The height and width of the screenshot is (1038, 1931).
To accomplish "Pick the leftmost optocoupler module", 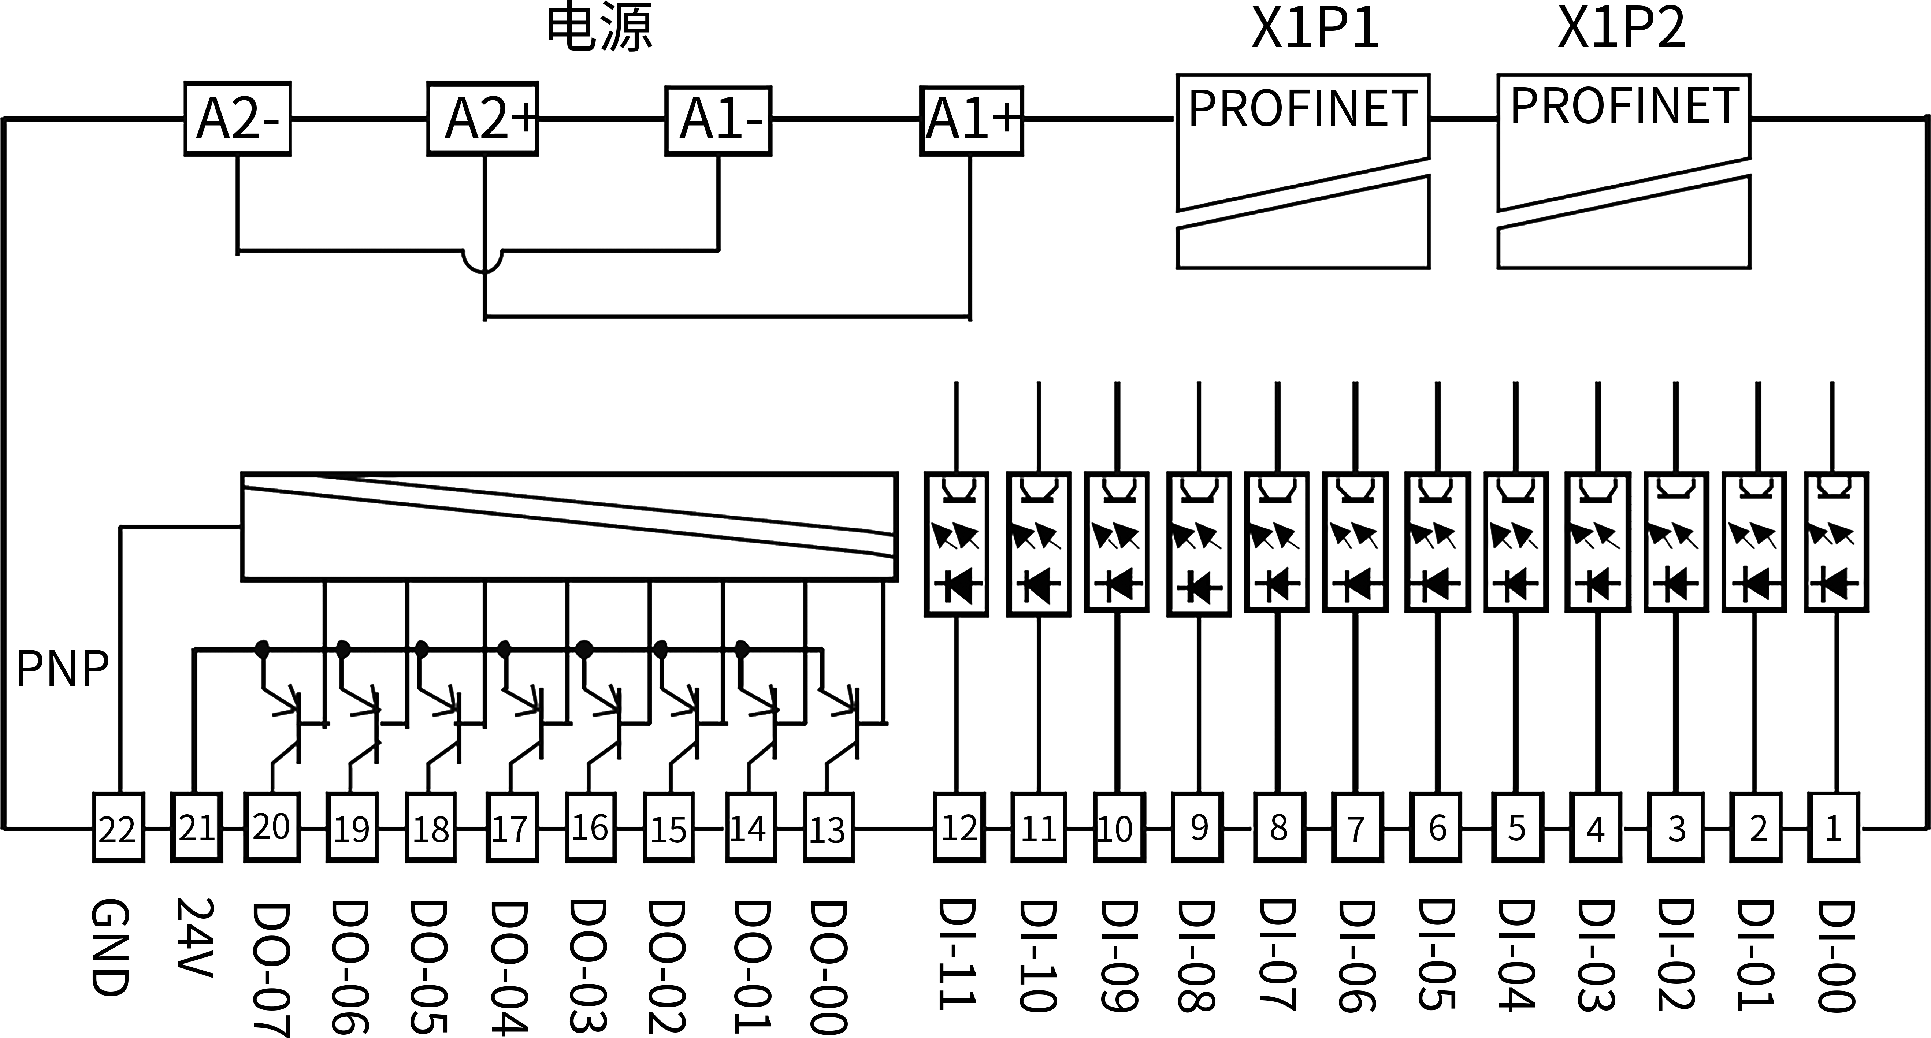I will [956, 544].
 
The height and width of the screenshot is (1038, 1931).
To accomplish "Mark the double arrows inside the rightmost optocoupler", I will [1831, 533].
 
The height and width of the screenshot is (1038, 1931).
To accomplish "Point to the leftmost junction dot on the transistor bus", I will [261, 649].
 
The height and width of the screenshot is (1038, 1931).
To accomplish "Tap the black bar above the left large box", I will [1314, 26].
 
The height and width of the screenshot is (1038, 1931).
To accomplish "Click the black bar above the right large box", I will [1621, 26].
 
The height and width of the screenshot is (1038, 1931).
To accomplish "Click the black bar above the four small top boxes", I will [601, 26].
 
